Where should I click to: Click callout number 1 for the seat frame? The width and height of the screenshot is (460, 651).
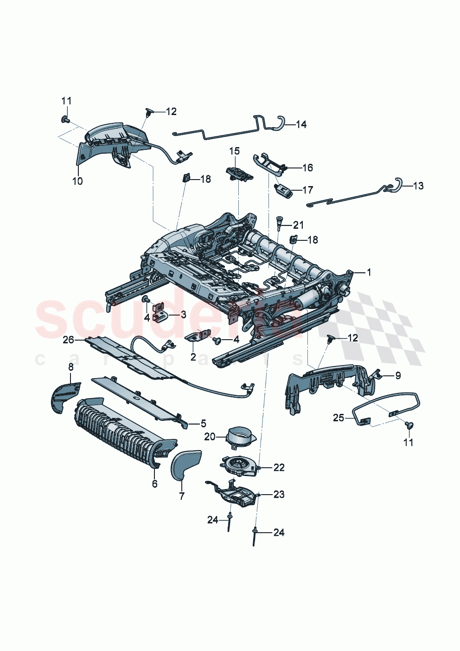369,272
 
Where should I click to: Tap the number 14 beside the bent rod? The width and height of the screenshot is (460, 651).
301,124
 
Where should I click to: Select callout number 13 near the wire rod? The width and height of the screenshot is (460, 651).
418,186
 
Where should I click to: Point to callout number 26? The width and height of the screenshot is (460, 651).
68,340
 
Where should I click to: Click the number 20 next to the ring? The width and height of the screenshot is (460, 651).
210,437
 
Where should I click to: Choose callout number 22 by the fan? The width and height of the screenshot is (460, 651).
279,467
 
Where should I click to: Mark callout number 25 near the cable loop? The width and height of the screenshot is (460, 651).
339,418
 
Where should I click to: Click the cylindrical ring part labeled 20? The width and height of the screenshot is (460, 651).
241,436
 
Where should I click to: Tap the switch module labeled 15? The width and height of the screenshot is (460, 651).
239,174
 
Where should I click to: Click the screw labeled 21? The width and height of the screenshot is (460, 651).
280,222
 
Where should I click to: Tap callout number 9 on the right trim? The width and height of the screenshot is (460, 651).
398,376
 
